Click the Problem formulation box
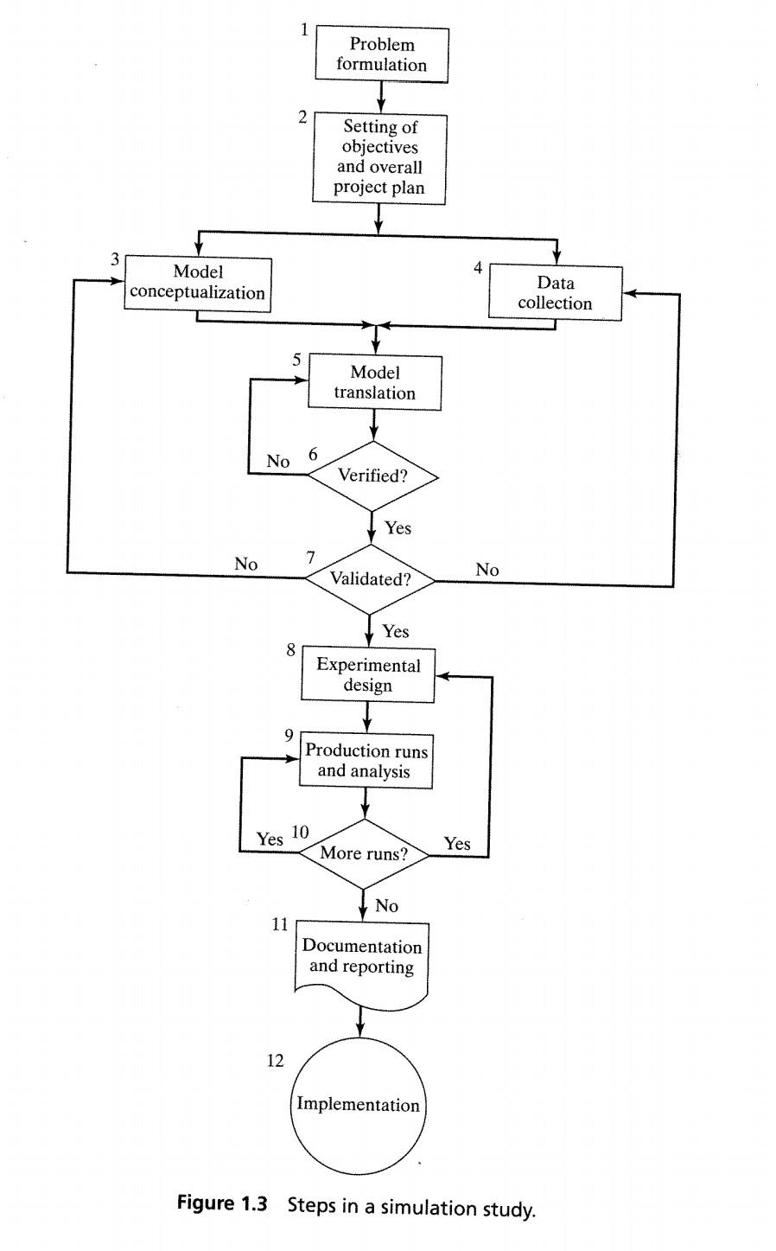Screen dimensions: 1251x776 pyautogui.click(x=381, y=54)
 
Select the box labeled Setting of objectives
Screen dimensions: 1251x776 pyautogui.click(x=379, y=157)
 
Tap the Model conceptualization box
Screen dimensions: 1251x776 pyautogui.click(x=197, y=283)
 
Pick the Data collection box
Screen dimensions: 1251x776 pyautogui.click(x=555, y=293)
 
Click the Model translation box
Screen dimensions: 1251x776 pyautogui.click(x=375, y=382)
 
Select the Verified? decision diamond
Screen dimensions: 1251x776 pyautogui.click(x=372, y=476)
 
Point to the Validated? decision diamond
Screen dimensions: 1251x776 pyautogui.click(x=370, y=579)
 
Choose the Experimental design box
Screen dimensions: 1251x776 pyautogui.click(x=368, y=675)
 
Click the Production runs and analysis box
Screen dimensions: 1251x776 pyautogui.click(x=366, y=760)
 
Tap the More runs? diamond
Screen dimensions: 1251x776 pyautogui.click(x=364, y=853)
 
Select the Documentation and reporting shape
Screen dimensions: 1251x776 pyautogui.click(x=361, y=960)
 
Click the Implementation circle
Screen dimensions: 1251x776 pyautogui.click(x=358, y=1104)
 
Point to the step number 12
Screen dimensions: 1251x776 pyautogui.click(x=275, y=1061)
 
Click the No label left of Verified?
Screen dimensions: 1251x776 pyautogui.click(x=278, y=462)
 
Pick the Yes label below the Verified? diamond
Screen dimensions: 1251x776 pyautogui.click(x=398, y=528)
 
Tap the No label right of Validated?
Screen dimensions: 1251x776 pyautogui.click(x=487, y=569)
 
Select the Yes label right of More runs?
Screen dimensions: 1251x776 pyautogui.click(x=457, y=844)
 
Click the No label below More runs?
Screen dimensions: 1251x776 pyautogui.click(x=386, y=906)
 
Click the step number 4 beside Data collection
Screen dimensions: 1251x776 pyautogui.click(x=478, y=267)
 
